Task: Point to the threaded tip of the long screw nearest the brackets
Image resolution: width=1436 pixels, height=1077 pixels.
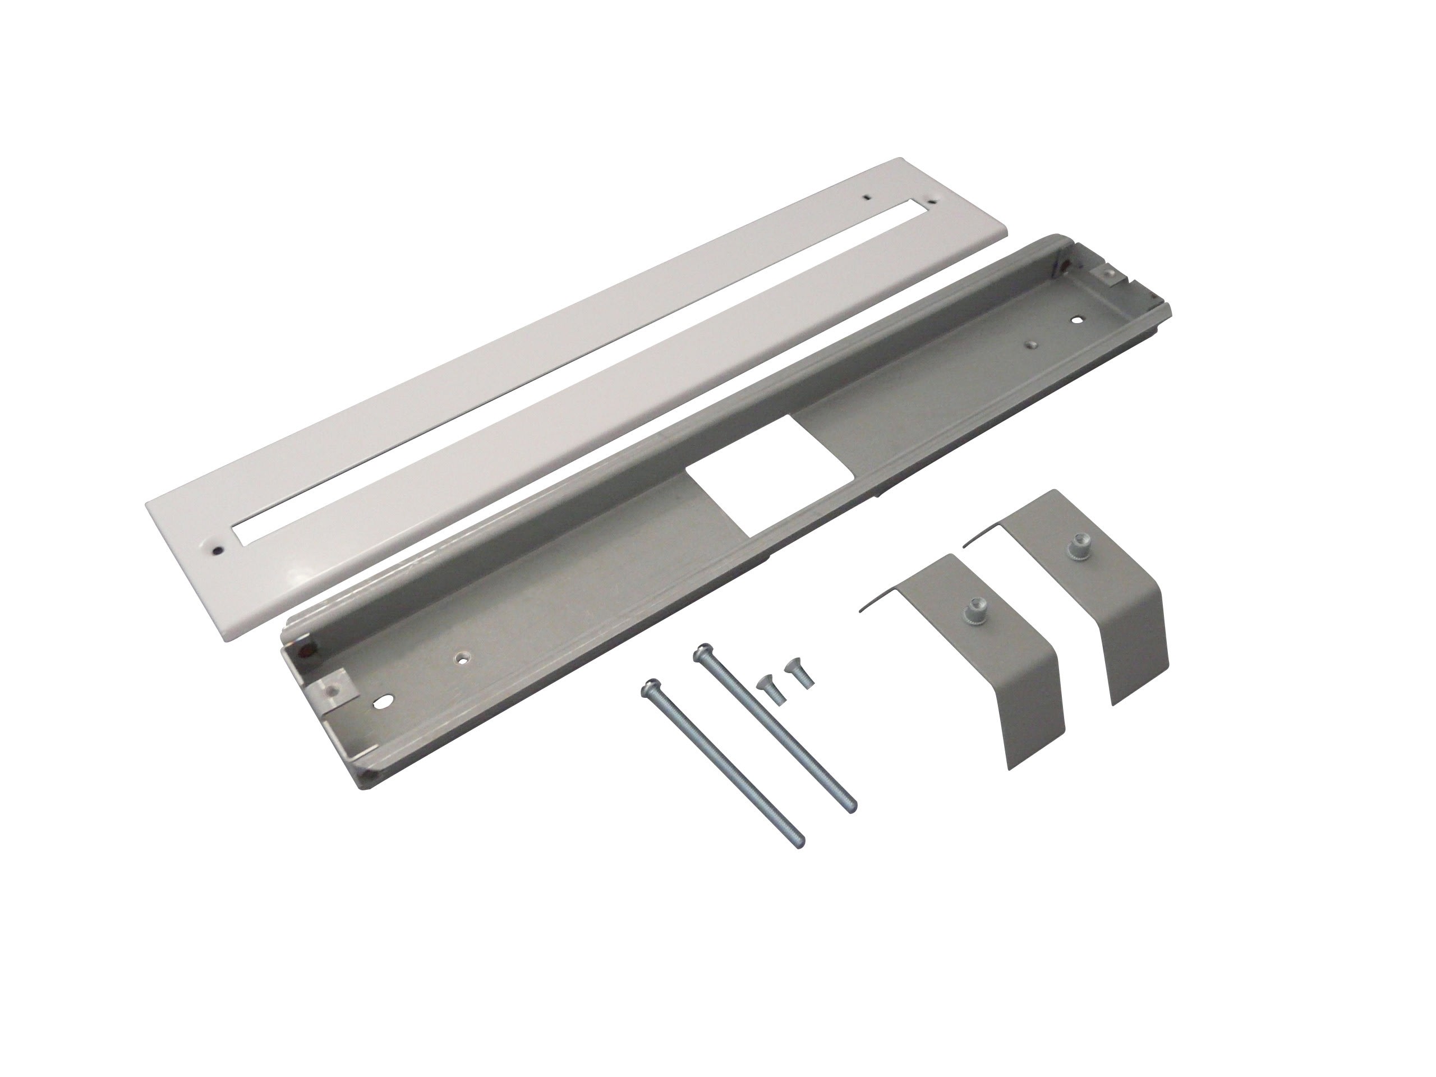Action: (x=850, y=808)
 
